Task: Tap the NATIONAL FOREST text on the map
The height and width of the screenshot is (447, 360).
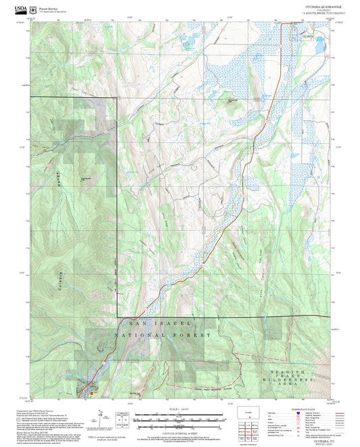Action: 156,334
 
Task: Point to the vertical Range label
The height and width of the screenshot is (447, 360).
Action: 59,179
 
